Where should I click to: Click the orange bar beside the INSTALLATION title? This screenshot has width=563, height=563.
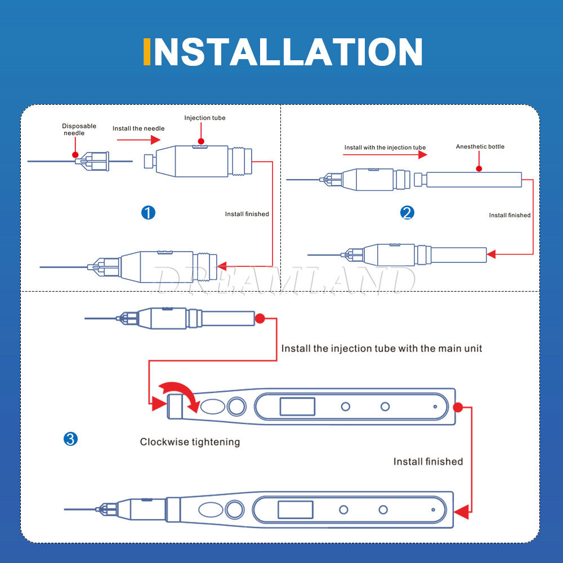(x=146, y=52)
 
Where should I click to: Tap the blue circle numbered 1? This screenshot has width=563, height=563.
(x=148, y=213)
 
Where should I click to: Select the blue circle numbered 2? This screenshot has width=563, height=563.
(x=407, y=213)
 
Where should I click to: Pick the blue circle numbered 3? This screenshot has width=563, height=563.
(x=70, y=439)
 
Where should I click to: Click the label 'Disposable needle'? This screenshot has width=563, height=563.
(x=79, y=129)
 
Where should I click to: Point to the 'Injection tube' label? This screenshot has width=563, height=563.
(x=205, y=118)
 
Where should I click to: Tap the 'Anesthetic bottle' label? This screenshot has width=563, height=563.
(x=480, y=146)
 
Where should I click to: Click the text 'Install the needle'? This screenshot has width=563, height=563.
(x=138, y=128)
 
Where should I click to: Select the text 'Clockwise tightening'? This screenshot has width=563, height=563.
(x=190, y=441)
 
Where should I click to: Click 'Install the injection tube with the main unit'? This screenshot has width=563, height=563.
(x=381, y=348)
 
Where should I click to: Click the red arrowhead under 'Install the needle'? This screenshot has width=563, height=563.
(x=155, y=140)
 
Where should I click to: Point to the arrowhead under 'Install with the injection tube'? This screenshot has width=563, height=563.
(x=423, y=155)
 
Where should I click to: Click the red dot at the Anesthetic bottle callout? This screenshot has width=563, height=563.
(x=479, y=168)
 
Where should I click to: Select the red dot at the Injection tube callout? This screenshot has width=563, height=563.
(x=201, y=141)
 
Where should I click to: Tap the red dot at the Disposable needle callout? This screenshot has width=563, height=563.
(x=75, y=155)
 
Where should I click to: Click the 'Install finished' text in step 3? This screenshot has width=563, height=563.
(x=428, y=462)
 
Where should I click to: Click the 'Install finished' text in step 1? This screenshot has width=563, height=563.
(x=247, y=214)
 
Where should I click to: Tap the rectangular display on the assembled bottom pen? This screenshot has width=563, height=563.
(x=296, y=510)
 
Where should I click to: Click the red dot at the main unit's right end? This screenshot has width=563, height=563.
(x=458, y=407)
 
